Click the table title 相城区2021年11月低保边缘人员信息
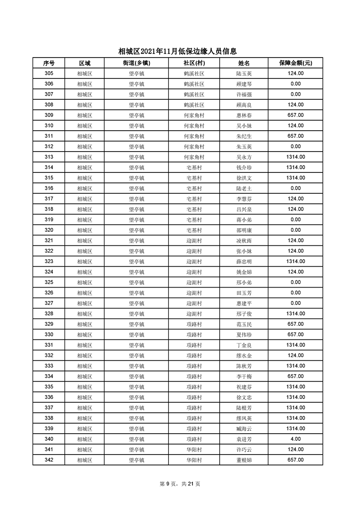click(178, 52)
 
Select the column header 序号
click(49, 63)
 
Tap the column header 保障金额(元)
click(295, 63)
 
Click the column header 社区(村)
click(194, 63)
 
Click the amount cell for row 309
click(295, 115)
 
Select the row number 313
click(49, 157)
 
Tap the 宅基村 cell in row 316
click(194, 188)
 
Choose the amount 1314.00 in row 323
click(295, 261)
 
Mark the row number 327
click(49, 303)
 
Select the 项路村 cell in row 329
click(194, 324)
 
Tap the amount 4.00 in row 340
click(295, 439)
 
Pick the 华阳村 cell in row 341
click(194, 449)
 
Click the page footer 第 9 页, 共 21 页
click(180, 484)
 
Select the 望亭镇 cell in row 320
click(136, 230)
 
